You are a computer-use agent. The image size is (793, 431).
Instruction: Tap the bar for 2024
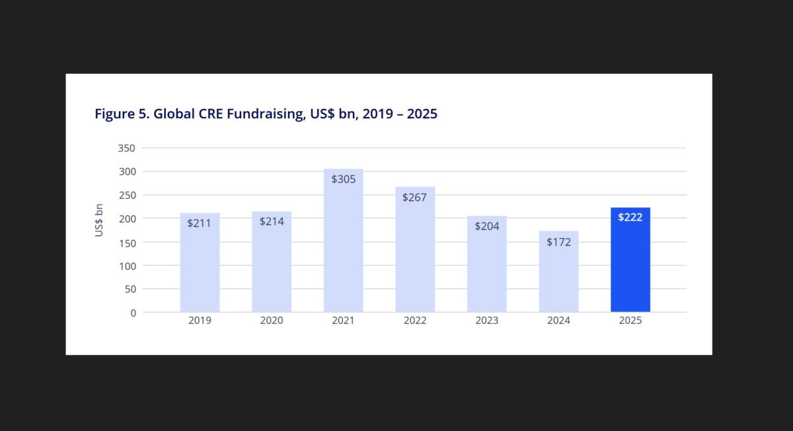[558, 278]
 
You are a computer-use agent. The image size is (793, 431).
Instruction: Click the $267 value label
[414, 197]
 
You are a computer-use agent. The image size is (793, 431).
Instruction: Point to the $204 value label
[487, 226]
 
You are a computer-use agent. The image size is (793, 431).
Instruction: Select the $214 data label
[272, 221]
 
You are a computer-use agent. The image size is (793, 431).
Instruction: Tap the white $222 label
[630, 217]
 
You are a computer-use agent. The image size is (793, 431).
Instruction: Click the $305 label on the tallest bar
[343, 179]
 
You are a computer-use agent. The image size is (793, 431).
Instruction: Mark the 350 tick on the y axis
[126, 148]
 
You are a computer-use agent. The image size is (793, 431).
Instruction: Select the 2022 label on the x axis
[415, 321]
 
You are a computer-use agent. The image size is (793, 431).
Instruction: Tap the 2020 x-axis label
[272, 321]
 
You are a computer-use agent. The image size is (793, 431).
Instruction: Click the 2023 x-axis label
[487, 321]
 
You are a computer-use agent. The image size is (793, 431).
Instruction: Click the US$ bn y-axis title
[99, 220]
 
